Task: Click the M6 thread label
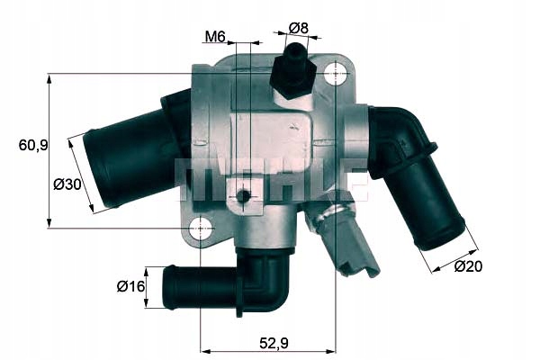213,37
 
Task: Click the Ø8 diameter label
298,28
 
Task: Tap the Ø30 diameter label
67,184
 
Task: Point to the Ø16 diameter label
131,287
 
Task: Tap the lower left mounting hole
200,229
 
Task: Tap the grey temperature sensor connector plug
353,247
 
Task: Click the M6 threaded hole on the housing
243,195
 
